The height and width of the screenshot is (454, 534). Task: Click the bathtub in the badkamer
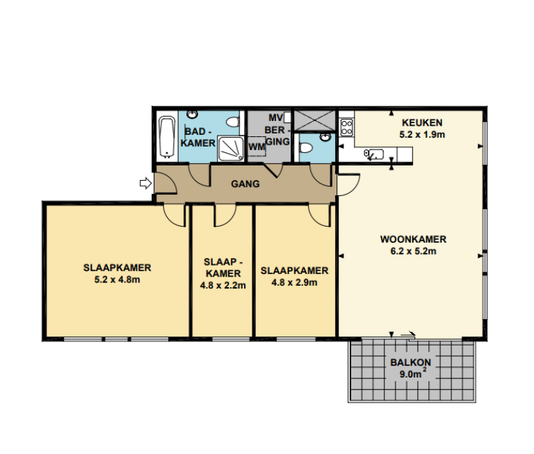click(x=166, y=137)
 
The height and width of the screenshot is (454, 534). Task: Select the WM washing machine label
click(x=256, y=147)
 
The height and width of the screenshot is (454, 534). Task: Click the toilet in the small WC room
click(x=305, y=148)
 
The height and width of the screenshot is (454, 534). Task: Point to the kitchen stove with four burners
click(x=347, y=127)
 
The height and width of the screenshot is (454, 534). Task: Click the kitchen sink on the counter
click(x=373, y=154)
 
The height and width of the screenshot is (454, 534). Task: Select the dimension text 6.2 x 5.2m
click(x=412, y=251)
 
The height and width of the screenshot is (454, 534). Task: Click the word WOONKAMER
click(x=412, y=240)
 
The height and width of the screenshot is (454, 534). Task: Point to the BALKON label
click(x=411, y=362)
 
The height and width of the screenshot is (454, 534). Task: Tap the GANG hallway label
click(x=245, y=184)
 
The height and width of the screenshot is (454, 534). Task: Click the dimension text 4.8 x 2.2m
click(x=222, y=284)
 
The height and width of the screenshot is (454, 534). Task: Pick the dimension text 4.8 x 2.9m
click(x=293, y=282)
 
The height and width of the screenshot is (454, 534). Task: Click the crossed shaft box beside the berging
click(x=314, y=120)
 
